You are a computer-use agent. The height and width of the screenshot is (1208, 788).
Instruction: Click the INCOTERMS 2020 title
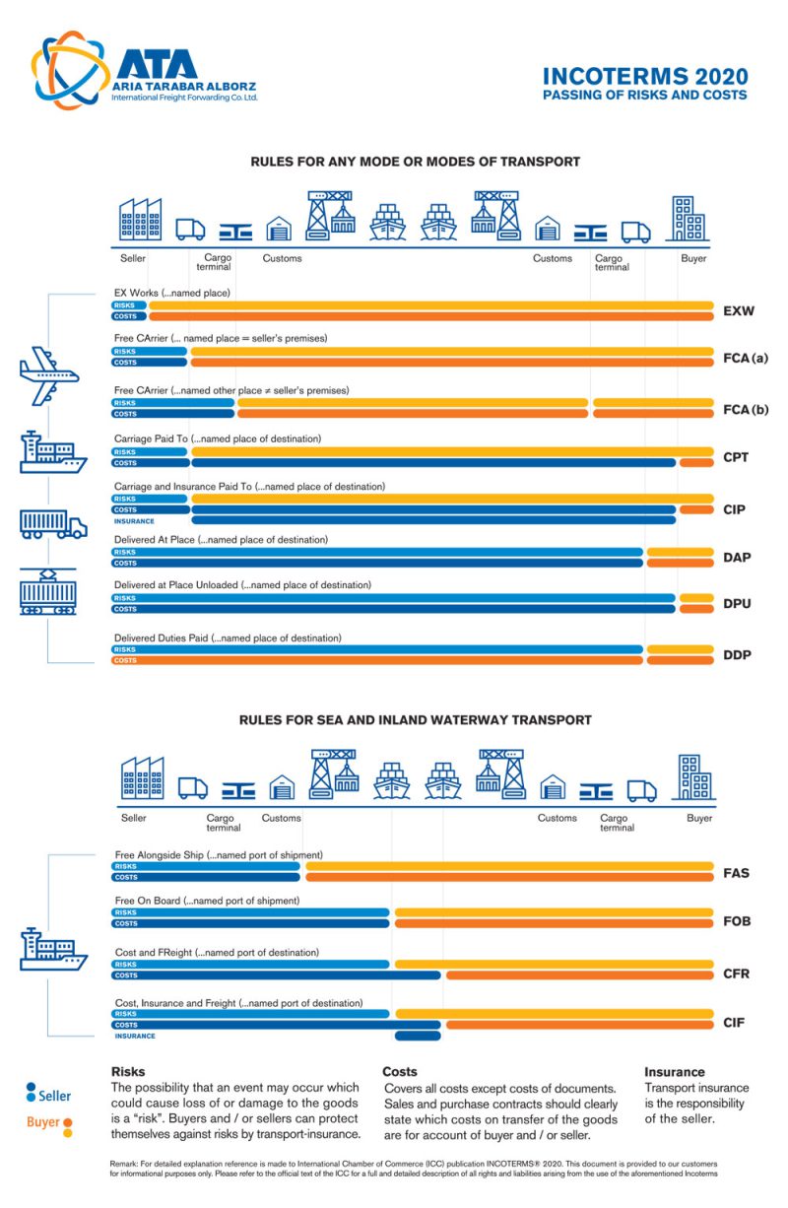645,77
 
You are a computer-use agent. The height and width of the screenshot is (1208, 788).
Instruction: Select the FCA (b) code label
745,409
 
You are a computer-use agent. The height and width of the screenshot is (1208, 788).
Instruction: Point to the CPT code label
736,457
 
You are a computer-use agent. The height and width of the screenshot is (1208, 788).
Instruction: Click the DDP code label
737,654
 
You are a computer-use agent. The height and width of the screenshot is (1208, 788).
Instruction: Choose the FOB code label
736,921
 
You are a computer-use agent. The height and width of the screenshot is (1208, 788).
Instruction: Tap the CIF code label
734,1023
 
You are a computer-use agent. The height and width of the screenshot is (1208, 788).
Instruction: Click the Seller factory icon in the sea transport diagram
143,778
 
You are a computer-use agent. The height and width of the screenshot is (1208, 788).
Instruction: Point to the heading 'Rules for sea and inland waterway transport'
415,720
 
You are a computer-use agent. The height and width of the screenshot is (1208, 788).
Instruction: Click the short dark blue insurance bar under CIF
418,1036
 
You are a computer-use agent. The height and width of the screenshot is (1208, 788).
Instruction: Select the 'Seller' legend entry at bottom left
49,1095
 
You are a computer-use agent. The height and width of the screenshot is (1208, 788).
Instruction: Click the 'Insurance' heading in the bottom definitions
674,1071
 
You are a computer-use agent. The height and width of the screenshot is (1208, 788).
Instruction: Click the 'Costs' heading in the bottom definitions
399,1071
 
